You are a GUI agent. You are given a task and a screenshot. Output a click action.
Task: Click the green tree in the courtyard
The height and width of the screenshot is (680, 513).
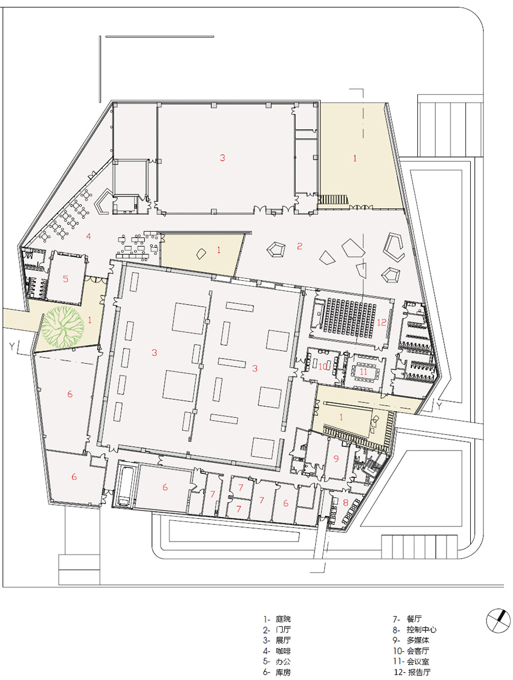[x=62, y=327]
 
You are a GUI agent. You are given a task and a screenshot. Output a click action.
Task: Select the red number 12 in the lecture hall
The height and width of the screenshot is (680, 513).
[x=382, y=322]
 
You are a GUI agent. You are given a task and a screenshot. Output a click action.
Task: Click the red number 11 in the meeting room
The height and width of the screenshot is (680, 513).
[x=363, y=371]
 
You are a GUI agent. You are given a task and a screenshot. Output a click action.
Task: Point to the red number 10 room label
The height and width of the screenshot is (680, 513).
[x=323, y=366]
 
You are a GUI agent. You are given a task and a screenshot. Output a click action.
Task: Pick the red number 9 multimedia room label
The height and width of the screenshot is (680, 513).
[x=336, y=459]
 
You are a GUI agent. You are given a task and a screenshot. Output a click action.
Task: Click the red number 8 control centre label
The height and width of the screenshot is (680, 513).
[x=345, y=503]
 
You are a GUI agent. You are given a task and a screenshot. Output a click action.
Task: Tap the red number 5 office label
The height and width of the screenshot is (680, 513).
[x=65, y=279]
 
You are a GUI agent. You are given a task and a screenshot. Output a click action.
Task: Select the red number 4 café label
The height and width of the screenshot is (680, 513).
[x=89, y=236]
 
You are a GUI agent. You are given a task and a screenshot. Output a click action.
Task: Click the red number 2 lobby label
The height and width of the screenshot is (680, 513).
[x=299, y=246]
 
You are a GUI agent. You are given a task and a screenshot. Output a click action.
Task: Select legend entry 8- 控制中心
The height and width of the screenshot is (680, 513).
[x=415, y=630]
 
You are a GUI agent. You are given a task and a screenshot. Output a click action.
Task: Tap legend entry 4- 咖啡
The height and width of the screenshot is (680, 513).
[x=277, y=651]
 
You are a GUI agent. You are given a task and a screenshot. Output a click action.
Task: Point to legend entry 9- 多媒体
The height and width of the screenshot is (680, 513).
[x=411, y=640]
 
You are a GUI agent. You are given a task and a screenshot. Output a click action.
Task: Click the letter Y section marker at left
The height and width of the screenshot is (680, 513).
[x=12, y=346]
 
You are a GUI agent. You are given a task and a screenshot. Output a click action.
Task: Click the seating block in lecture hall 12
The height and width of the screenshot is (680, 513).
[x=349, y=319]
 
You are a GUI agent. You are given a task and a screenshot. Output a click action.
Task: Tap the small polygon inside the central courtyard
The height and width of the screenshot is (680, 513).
[x=201, y=254]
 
